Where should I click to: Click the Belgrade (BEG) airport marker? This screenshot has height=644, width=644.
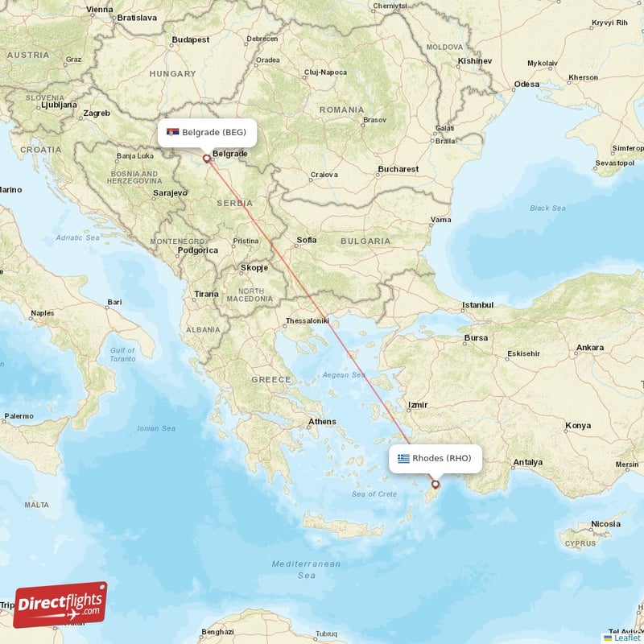207,159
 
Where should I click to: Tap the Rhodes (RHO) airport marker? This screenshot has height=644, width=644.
436,484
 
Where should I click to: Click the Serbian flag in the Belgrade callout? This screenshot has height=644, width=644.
173,132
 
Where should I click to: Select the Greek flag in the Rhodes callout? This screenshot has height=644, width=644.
403,459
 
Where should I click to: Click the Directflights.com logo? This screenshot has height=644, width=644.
60,605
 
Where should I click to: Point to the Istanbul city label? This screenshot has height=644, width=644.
477,305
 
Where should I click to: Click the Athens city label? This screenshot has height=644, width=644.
322,421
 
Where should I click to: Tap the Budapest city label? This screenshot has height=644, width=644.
191,39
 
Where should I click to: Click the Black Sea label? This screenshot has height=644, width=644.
547,208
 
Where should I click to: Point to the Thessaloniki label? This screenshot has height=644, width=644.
308,321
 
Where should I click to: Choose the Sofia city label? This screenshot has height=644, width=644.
306,240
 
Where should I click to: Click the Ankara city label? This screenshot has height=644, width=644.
590,348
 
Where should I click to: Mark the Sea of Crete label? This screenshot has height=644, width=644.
374,493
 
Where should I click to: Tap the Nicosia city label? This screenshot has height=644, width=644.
606,524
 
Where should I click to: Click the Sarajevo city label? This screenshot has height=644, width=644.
170,193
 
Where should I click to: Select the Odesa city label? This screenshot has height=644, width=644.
527,84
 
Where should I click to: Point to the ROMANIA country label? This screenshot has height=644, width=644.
341,109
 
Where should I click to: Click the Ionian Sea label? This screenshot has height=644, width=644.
157,428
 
